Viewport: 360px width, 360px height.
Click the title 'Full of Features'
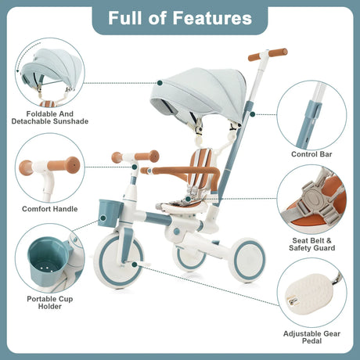[x=179, y=18]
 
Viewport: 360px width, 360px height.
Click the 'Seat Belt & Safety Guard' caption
[x=313, y=243]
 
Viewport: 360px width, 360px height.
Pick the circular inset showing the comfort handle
[x=48, y=167]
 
